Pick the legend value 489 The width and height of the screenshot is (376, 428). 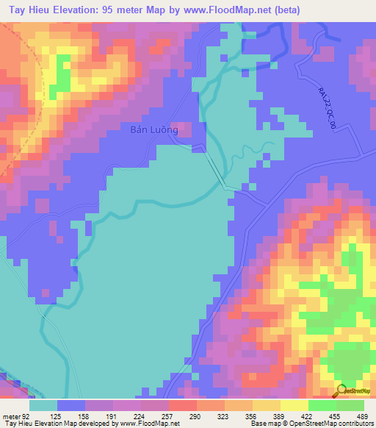point(363,416)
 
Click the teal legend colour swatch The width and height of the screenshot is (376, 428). point(43,405)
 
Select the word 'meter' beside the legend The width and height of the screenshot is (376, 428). point(11,416)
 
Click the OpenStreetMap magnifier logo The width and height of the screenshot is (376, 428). point(341,390)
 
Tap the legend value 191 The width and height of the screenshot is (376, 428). point(112,416)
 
